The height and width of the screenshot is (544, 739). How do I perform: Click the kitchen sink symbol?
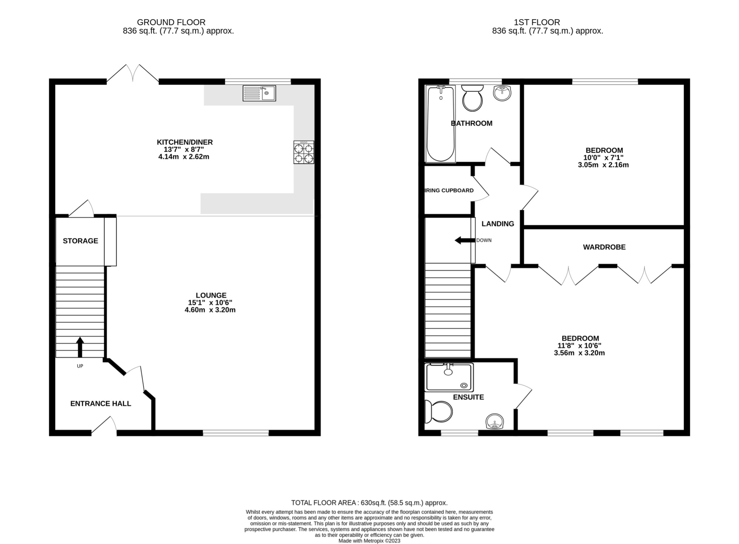click(x=259, y=93)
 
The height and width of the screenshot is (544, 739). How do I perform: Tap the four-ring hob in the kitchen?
click(x=303, y=152)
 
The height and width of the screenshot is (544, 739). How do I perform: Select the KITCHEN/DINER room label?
click(x=184, y=142)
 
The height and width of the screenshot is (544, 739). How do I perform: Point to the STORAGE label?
click(x=80, y=241)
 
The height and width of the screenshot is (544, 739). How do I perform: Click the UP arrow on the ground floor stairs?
click(x=80, y=347)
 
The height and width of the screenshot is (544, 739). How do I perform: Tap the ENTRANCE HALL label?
click(x=100, y=404)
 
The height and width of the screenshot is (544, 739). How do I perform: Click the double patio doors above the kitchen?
click(x=133, y=74)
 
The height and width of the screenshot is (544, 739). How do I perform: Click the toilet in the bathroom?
click(x=472, y=98)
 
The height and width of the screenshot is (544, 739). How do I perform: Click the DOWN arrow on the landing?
click(x=464, y=240)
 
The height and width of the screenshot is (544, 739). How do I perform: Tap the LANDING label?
click(x=498, y=224)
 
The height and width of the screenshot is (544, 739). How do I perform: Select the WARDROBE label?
click(x=604, y=247)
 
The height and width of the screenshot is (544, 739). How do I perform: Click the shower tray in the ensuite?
click(x=449, y=377)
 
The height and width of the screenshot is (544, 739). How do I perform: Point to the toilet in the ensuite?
click(x=438, y=412)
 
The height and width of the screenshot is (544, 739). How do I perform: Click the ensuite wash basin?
click(x=494, y=422)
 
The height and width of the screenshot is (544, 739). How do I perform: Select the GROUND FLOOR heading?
click(x=171, y=22)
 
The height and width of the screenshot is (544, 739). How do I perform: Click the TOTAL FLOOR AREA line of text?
click(x=369, y=502)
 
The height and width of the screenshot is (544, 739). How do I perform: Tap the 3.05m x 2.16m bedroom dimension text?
click(x=603, y=165)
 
